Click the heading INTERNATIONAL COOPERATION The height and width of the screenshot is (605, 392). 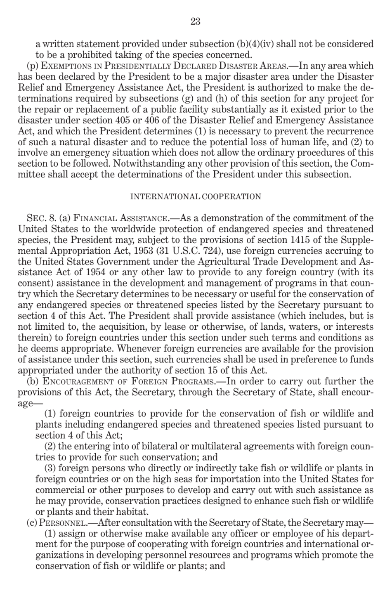coord(196,197)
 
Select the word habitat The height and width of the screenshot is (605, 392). coord(132,512)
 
